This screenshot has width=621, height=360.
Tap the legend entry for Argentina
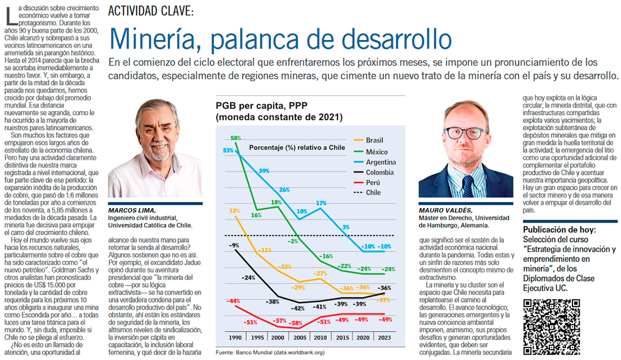pyautogui.click(x=381, y=162)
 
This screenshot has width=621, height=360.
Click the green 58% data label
pyautogui.click(x=235, y=138)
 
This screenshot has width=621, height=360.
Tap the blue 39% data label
pyautogui.click(x=264, y=170)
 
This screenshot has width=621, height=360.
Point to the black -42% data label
pyautogui.click(x=298, y=308)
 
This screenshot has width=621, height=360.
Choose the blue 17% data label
pyautogui.click(x=321, y=203)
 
